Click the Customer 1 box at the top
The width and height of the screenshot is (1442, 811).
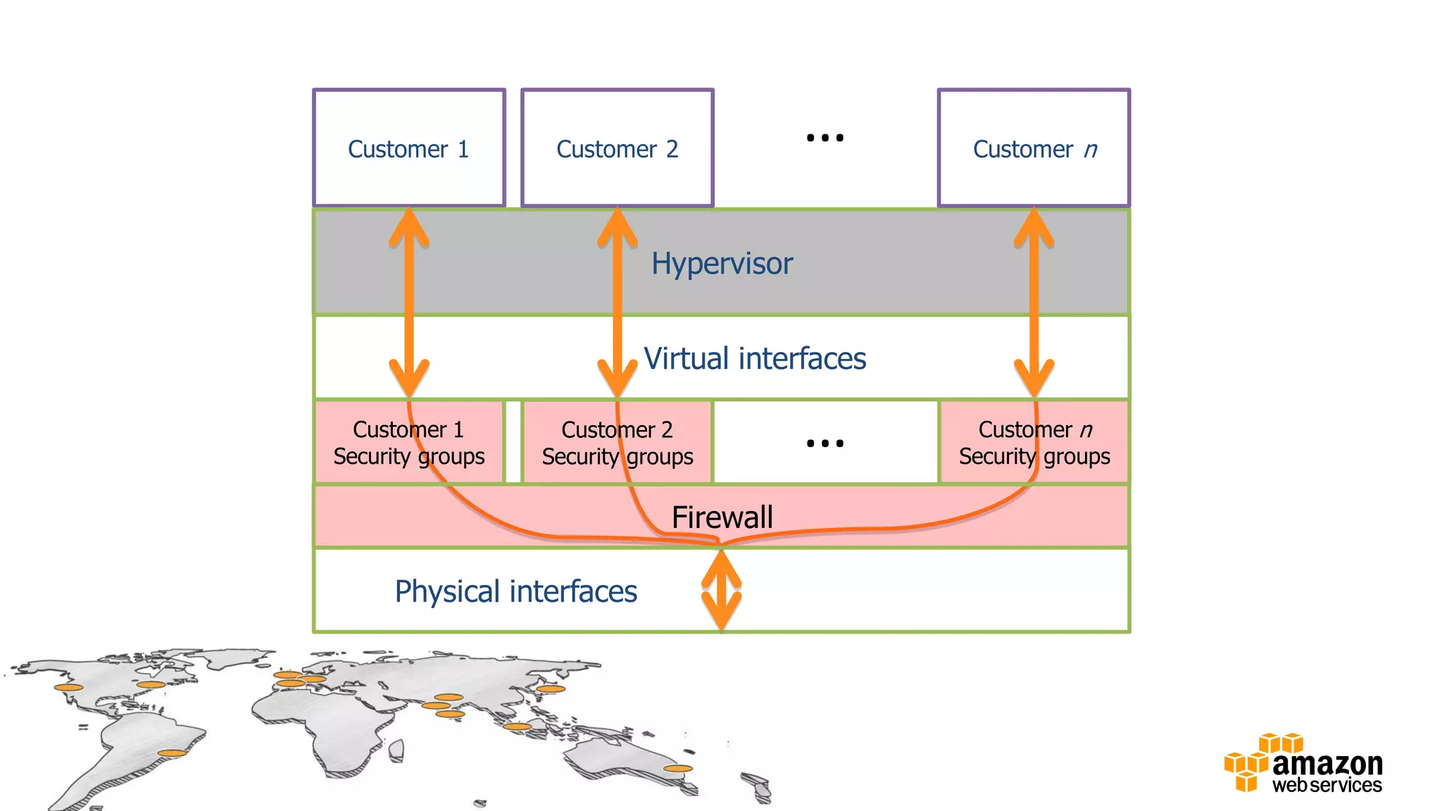click(x=409, y=149)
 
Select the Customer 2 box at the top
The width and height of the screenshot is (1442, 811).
click(x=617, y=149)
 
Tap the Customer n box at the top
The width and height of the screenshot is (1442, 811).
click(x=1034, y=149)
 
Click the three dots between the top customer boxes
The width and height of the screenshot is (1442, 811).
click(x=825, y=138)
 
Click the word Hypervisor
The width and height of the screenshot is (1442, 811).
click(x=722, y=264)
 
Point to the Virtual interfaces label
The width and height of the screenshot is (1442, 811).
click(x=755, y=358)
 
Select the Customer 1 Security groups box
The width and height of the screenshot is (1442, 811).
click(x=409, y=443)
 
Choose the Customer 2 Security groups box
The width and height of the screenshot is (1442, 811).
click(x=617, y=443)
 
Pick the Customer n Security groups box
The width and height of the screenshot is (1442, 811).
click(x=1034, y=443)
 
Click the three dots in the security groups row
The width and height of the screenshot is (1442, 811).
click(x=825, y=444)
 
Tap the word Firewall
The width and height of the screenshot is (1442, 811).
click(x=722, y=517)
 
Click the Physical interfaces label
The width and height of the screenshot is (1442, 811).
click(x=515, y=591)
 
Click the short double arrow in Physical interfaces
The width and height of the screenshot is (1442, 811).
click(x=721, y=590)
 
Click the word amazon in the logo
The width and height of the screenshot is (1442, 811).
click(x=1327, y=764)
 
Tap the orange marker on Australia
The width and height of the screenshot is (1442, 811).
click(x=678, y=769)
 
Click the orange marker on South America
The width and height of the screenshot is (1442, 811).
click(x=172, y=753)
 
